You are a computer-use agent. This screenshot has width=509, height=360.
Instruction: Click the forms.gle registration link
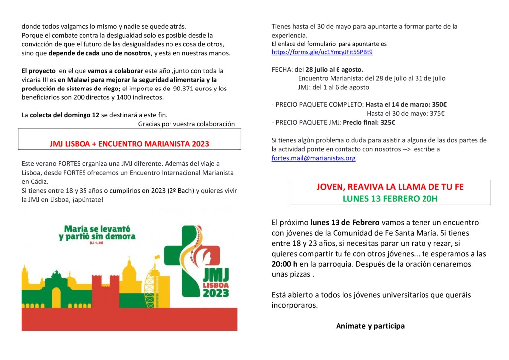(322, 52)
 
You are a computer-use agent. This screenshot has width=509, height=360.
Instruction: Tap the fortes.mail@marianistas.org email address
(314, 158)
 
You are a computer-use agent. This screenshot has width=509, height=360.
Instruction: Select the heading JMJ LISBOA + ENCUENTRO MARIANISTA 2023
(129, 144)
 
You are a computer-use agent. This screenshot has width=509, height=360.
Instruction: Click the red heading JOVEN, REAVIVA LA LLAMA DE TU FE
(390, 187)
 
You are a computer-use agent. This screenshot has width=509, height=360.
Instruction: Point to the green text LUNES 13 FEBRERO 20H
(390, 199)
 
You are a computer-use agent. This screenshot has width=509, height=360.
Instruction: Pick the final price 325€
(386, 122)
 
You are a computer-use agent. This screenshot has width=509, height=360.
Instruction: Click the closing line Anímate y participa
(370, 326)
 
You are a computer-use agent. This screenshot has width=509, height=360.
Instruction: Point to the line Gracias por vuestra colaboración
(186, 124)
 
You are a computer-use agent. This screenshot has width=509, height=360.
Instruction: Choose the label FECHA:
(282, 69)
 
